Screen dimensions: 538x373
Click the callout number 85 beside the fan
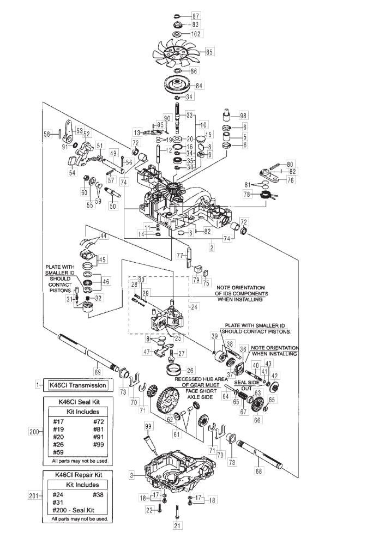point(209,52)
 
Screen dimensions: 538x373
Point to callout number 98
point(243,116)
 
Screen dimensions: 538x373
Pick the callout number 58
point(47,134)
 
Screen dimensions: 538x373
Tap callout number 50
point(113,206)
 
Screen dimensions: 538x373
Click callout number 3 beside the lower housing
point(132,475)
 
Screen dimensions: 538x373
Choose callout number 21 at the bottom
point(177,525)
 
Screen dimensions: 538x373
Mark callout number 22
point(149,509)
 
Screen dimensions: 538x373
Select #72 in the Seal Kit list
point(99,422)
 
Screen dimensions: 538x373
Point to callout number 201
point(34,495)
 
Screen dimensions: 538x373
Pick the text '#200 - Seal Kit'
point(74,510)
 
